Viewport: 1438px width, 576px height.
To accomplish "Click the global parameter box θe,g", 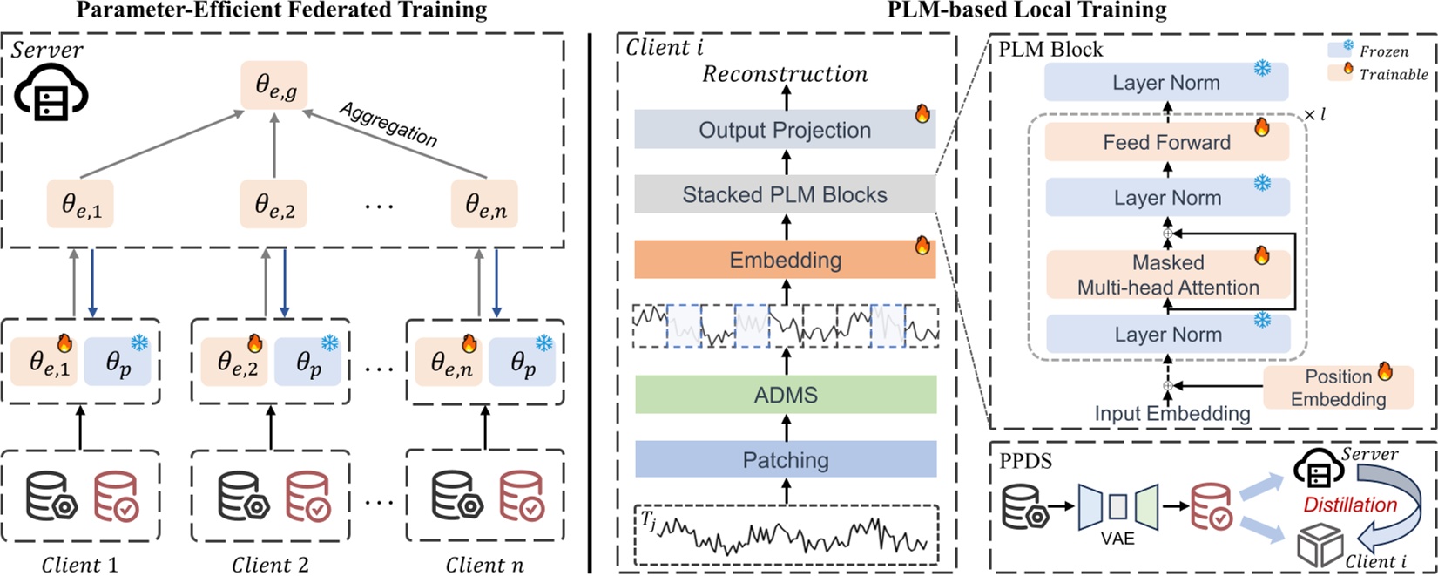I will (274, 85).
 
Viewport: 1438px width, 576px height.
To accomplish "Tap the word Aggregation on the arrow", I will (388, 125).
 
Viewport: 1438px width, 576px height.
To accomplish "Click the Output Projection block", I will (785, 130).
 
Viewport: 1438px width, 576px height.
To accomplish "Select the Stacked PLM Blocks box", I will (785, 194).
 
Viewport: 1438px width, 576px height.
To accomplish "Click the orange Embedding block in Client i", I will (785, 260).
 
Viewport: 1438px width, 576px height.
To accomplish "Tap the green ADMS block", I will (785, 395).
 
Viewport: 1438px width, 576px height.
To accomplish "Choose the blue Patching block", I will (785, 459).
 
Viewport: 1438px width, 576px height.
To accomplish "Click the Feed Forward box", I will (1166, 142).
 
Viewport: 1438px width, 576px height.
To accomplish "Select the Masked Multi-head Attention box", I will (1167, 274).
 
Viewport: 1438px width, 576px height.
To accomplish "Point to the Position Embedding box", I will (1338, 388).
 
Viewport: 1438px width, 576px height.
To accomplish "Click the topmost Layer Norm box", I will (1165, 83).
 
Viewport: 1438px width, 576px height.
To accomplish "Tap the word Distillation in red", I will (1350, 505).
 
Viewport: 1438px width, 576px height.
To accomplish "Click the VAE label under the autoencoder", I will (1117, 539).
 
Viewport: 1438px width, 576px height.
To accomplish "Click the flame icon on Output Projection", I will (922, 112).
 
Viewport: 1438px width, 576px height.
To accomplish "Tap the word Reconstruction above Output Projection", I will (785, 74).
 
